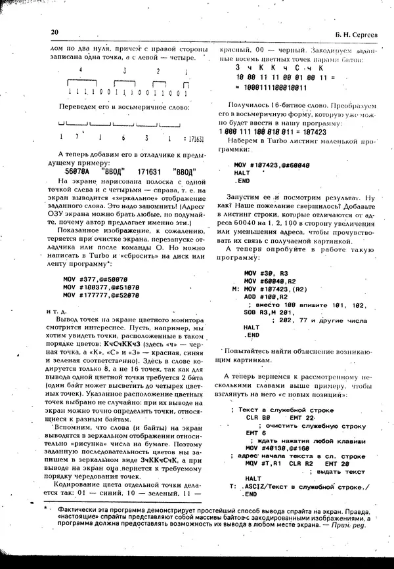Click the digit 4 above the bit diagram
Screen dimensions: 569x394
[79, 71]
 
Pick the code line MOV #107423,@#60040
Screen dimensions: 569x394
[272, 165]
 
